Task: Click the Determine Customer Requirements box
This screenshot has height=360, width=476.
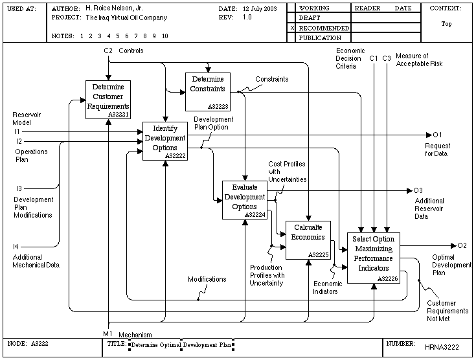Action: (108, 100)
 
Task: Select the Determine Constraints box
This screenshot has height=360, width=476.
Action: (208, 92)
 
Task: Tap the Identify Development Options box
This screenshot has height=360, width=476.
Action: (165, 141)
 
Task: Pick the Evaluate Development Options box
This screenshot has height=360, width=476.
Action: (245, 200)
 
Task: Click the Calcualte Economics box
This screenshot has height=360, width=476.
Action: (308, 240)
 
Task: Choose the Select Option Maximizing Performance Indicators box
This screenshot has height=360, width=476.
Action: (374, 258)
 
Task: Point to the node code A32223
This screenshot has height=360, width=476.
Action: (218, 107)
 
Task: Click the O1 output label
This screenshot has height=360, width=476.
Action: (437, 135)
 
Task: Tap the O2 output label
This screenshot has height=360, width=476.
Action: (462, 245)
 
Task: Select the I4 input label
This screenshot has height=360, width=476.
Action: (16, 247)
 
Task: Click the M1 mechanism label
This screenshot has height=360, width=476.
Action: (108, 333)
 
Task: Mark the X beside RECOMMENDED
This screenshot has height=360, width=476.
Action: (292, 28)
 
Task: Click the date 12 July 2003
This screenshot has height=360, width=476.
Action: (260, 9)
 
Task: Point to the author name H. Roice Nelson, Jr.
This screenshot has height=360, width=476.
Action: (114, 8)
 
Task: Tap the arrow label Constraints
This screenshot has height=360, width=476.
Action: (272, 79)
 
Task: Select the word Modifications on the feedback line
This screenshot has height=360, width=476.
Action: (207, 279)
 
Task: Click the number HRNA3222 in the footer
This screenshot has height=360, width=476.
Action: (442, 347)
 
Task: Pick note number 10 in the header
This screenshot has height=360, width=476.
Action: (165, 36)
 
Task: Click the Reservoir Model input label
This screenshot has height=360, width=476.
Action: (27, 118)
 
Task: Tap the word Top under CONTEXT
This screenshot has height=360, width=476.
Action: (447, 24)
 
